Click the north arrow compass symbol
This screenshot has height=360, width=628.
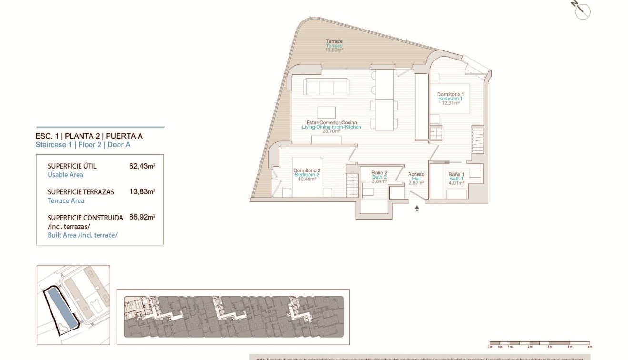coord(582,10)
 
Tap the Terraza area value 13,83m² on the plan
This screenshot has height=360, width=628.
coord(334,50)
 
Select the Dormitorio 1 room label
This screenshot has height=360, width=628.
coord(450,94)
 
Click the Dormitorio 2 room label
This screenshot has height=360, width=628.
coord(307,170)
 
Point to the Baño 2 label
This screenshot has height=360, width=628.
coord(379,173)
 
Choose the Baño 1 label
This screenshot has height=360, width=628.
coord(456,175)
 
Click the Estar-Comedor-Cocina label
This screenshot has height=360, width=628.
coord(331,123)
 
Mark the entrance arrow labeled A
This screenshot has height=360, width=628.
coord(417,209)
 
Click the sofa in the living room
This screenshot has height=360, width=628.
coord(326,87)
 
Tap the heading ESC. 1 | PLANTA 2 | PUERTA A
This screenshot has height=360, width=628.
coord(89,136)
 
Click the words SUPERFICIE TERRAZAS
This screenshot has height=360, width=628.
coord(81,192)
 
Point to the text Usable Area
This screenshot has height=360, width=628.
coord(65,175)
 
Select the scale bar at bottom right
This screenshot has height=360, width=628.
coord(539,343)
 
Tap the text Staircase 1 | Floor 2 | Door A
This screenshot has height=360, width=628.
coord(83,145)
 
